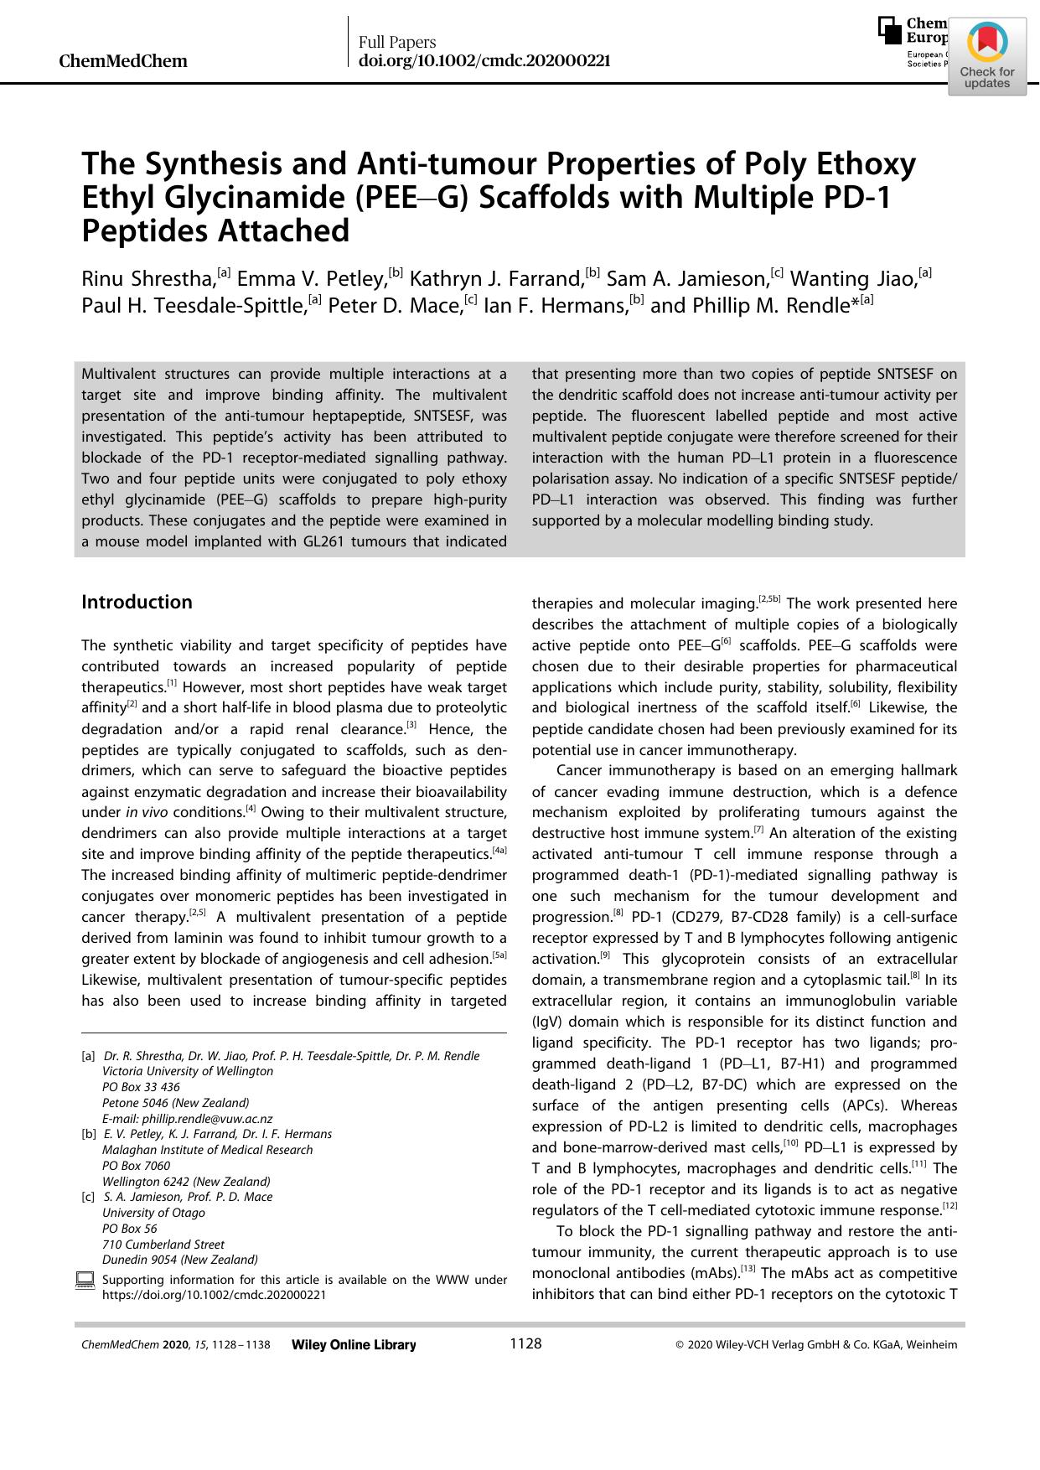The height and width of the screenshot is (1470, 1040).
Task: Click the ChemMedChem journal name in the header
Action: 123,61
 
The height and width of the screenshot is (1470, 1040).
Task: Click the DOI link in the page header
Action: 484,61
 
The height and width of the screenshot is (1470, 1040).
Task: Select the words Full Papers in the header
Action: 396,42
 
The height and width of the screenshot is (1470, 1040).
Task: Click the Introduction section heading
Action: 137,602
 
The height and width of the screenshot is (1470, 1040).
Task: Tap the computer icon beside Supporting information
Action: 85,1281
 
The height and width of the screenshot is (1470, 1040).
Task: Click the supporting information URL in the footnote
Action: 214,1295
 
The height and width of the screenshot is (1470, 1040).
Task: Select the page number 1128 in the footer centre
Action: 525,1344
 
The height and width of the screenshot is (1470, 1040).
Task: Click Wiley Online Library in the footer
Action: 354,1345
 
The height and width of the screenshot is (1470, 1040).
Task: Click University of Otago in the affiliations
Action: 153,1213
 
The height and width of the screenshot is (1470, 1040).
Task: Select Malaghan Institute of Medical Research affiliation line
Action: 207,1150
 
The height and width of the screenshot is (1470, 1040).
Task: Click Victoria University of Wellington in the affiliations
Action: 187,1071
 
